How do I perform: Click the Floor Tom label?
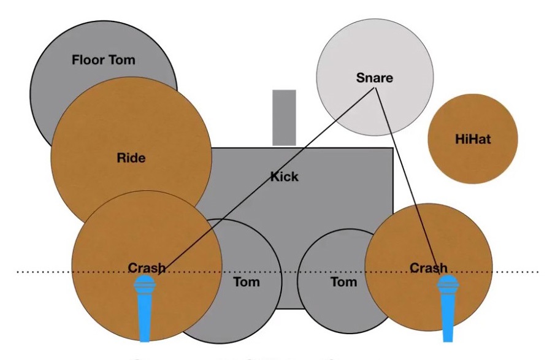coord(103,60)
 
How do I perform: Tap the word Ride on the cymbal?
coord(131,158)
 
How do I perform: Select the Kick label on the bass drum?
coord(285,177)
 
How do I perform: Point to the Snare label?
coord(374,78)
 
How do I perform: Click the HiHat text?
coord(473,139)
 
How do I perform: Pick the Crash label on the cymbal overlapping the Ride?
coord(147,268)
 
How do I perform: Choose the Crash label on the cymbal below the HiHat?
coord(428,268)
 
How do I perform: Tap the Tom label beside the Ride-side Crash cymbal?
coord(247,282)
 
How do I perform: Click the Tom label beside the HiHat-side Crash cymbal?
coord(343,282)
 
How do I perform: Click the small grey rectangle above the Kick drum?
coord(284,117)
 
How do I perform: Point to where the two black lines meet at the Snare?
coord(376,89)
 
